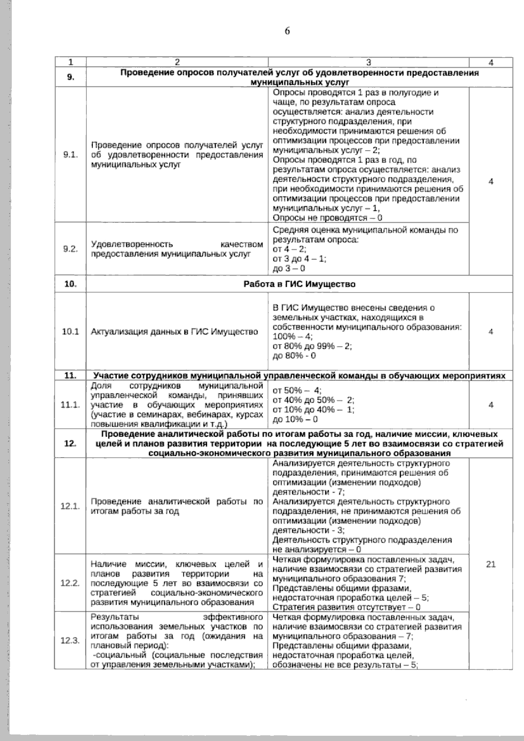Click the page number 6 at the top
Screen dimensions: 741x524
(x=287, y=31)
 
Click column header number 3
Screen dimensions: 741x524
(x=369, y=62)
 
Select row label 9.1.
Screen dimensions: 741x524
(x=70, y=155)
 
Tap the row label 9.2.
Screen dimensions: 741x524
(x=70, y=249)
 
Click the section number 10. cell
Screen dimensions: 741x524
(x=70, y=284)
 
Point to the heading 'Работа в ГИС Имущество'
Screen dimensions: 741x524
(x=299, y=284)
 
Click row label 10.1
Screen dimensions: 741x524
(x=70, y=332)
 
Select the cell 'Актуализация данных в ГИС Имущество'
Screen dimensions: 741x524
(x=174, y=332)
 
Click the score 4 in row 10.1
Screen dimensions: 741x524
(x=491, y=332)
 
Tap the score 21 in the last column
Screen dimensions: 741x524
(x=491, y=565)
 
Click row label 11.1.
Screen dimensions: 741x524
(x=70, y=405)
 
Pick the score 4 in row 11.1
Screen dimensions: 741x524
(x=491, y=405)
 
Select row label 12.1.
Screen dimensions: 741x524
(x=70, y=507)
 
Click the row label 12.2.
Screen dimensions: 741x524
(x=70, y=583)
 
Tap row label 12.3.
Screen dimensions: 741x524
(x=70, y=641)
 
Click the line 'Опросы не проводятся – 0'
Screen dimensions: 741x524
(x=327, y=217)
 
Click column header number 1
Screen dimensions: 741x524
(x=70, y=62)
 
